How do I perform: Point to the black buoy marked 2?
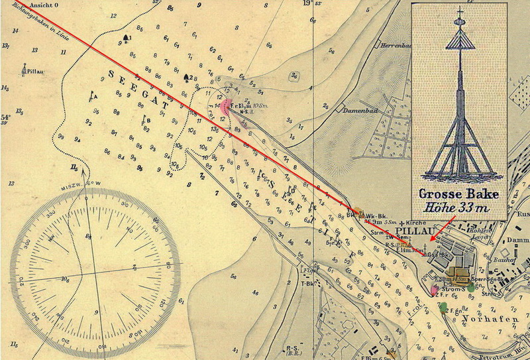(x=187, y=77)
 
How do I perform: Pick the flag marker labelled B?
(x=144, y=119)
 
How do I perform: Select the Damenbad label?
(x=358, y=111)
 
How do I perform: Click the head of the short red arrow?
(x=430, y=239)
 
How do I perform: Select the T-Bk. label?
(x=307, y=282)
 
